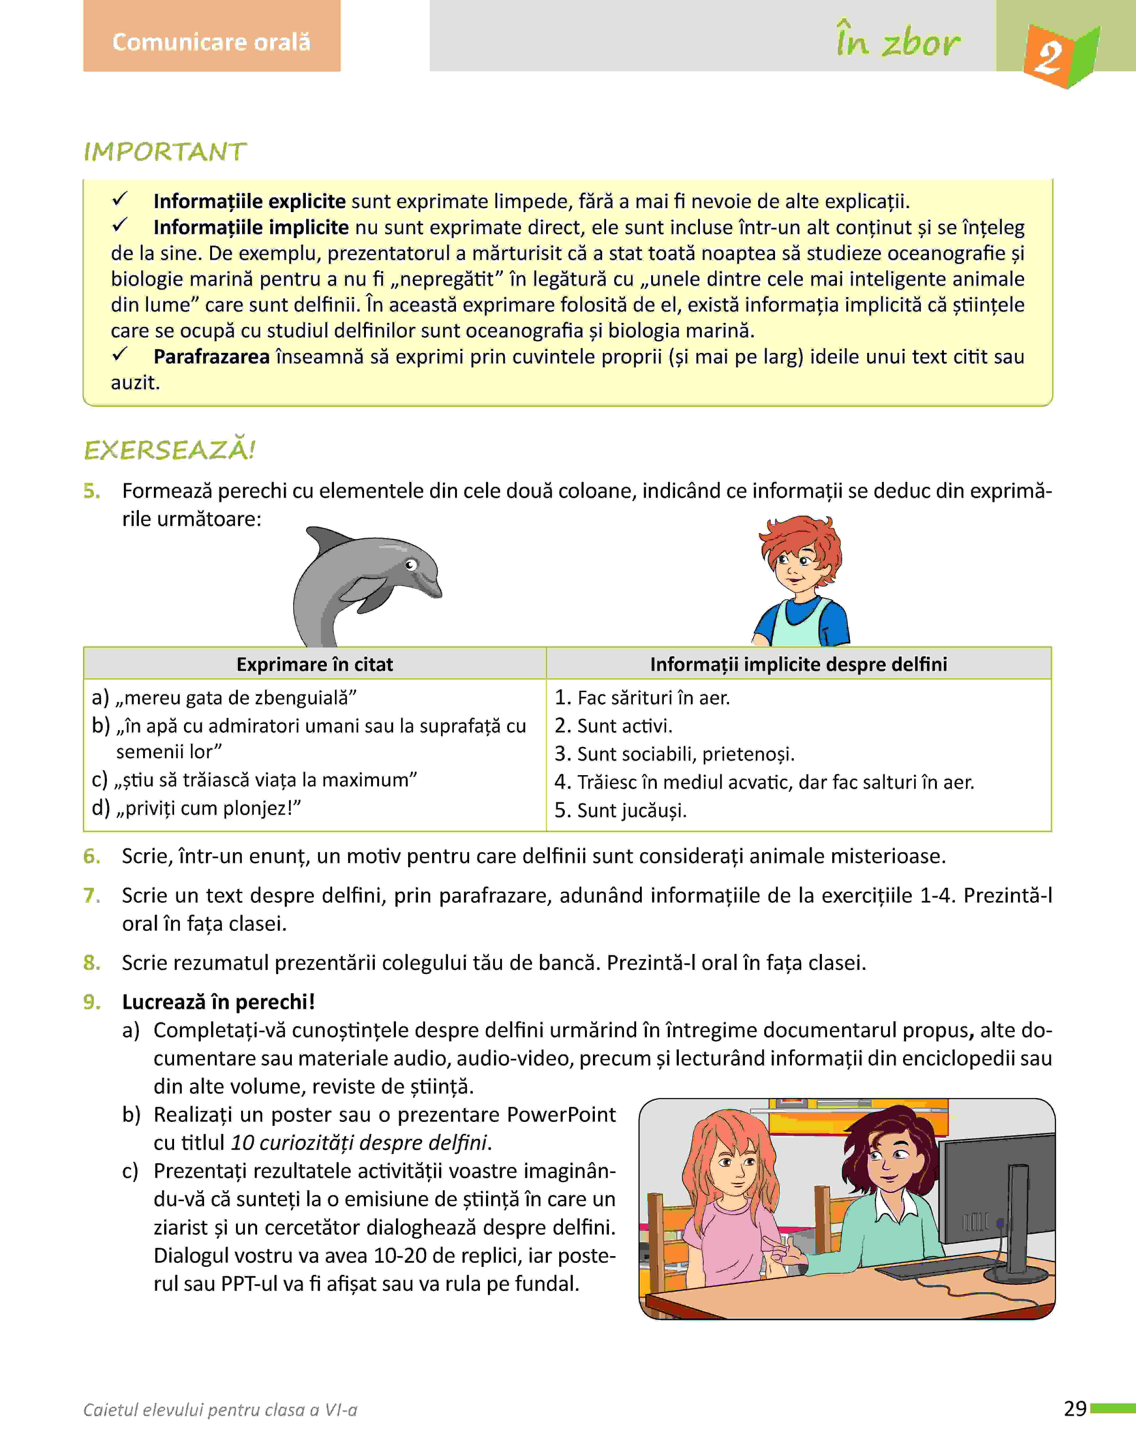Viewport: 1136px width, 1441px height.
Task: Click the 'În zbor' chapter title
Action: pyautogui.click(x=898, y=42)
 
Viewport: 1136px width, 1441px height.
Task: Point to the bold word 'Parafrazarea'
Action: pyautogui.click(x=212, y=357)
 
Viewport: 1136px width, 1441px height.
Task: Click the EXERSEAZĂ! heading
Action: pyautogui.click(x=170, y=450)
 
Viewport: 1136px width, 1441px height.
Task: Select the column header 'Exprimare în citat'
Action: pyautogui.click(x=315, y=664)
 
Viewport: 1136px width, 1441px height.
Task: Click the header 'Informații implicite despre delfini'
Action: pyautogui.click(x=798, y=664)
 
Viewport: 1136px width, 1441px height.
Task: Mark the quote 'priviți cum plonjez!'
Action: pyautogui.click(x=209, y=808)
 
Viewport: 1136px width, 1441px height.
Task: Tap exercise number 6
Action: pyautogui.click(x=92, y=856)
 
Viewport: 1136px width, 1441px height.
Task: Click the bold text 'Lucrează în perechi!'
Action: pyautogui.click(x=218, y=1002)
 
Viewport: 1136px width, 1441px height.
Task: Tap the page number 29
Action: pyautogui.click(x=1075, y=1408)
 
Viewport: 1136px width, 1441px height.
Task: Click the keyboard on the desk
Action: pyautogui.click(x=935, y=1267)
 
